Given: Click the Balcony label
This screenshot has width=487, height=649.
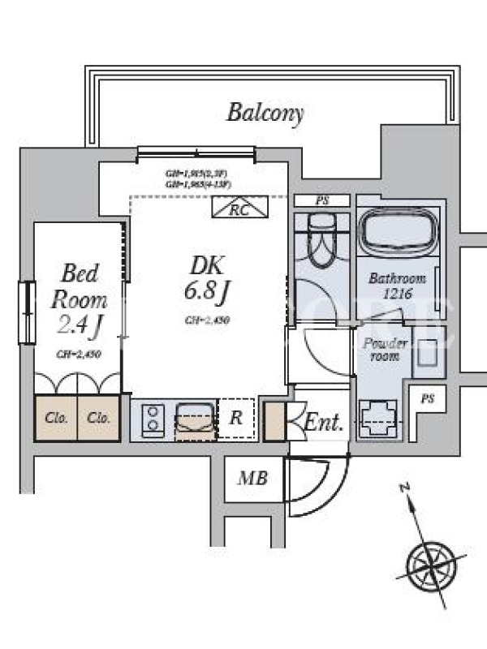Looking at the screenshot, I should [265, 113].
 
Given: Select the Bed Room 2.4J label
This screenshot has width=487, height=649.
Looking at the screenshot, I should [78, 299].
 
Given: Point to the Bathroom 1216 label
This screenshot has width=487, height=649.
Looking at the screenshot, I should [397, 285].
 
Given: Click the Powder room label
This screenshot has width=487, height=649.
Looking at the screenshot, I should [385, 348].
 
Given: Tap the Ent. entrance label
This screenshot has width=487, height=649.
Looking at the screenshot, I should [324, 422].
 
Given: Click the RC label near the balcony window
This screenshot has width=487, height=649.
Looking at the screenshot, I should [238, 208].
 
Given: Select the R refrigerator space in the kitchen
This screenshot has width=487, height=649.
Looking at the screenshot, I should [235, 419].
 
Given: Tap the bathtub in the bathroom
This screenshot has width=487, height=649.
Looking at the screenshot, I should [399, 233].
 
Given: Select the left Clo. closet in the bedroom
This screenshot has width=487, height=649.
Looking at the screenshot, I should [55, 419].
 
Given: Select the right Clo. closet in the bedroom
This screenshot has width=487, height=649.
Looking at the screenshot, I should [99, 419].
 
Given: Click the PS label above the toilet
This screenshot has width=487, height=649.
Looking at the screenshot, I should [322, 200].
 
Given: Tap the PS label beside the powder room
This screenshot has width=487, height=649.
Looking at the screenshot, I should [427, 398].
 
